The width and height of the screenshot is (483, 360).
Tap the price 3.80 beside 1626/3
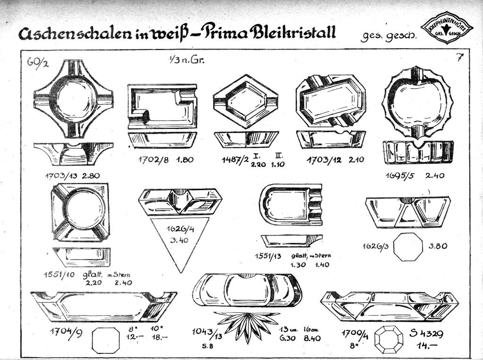coord(438,246)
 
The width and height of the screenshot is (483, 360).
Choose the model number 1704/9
coord(67,333)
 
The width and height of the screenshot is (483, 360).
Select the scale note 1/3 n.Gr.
coord(184,60)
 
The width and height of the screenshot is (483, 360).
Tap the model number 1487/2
coord(234,160)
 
